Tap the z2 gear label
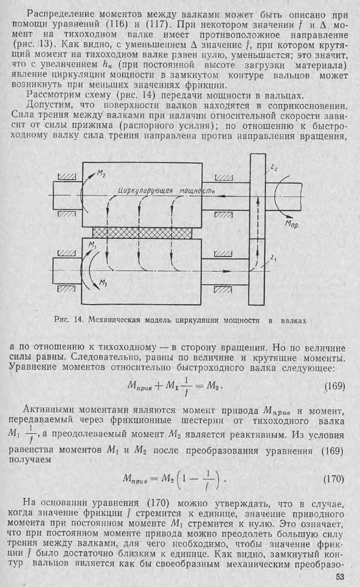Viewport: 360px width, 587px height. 273,169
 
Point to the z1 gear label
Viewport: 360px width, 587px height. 274,257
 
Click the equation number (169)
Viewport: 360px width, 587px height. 334,388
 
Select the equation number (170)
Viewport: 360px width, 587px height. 334,478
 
